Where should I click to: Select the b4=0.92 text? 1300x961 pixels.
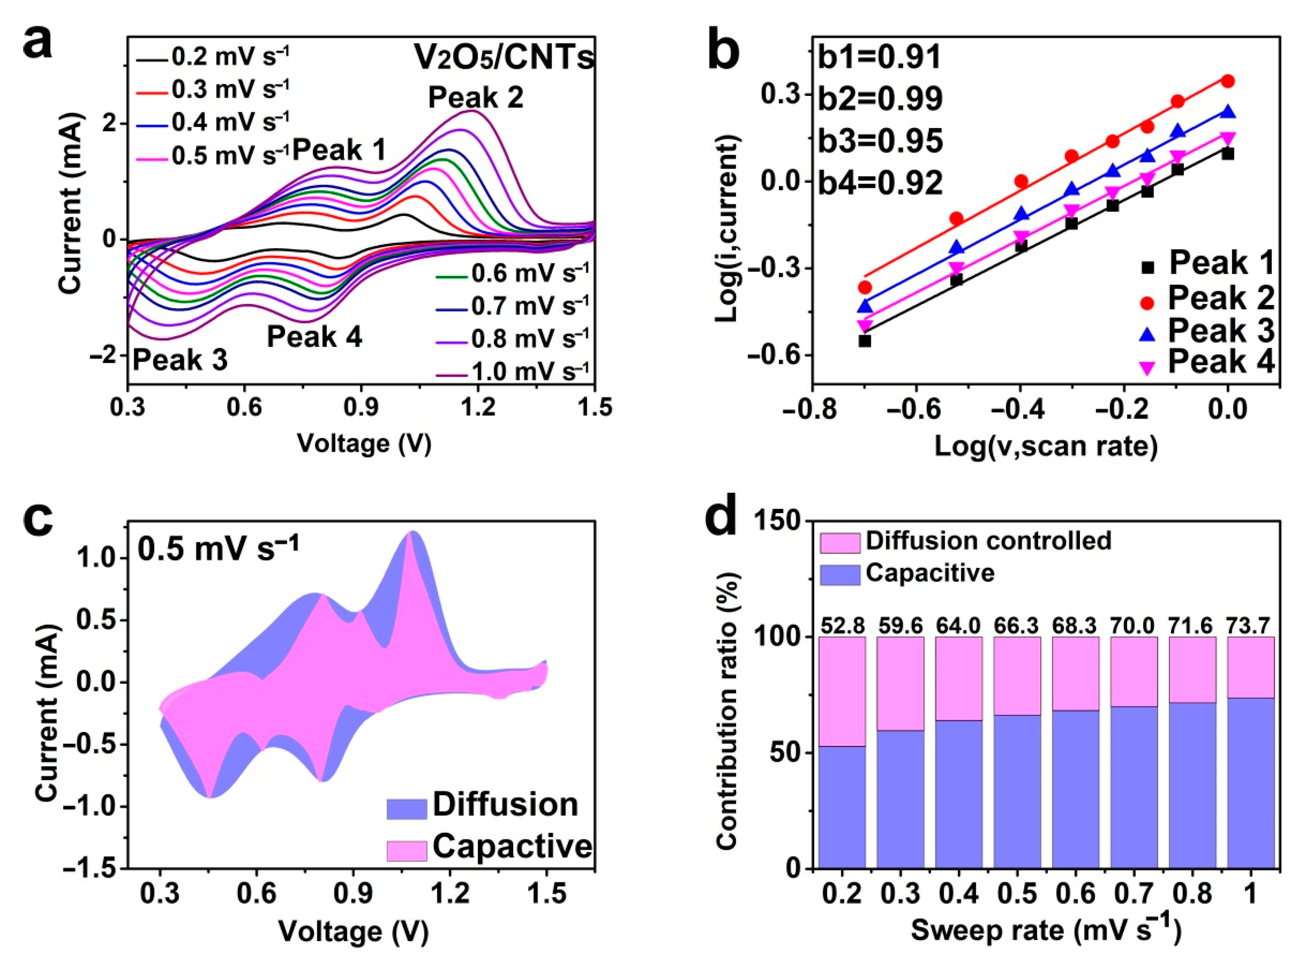tap(880, 183)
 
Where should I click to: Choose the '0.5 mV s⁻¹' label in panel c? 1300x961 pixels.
tap(218, 548)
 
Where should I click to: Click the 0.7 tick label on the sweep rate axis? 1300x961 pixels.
tap(1134, 893)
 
